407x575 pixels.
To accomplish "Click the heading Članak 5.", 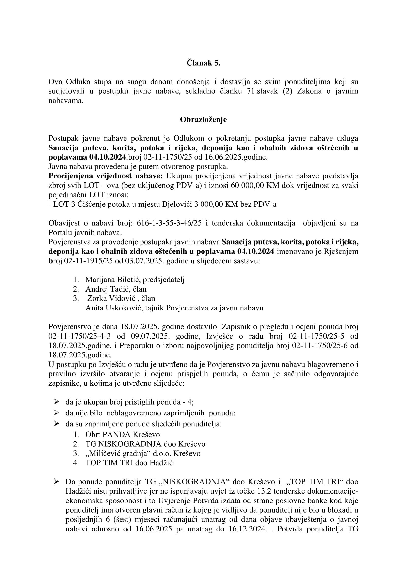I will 203,63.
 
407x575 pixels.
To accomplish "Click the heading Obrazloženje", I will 203,119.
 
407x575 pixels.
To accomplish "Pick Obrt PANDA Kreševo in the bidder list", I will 123,434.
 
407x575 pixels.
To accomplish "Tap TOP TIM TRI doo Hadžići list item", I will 130,463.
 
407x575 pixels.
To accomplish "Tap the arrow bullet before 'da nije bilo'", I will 56,413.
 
